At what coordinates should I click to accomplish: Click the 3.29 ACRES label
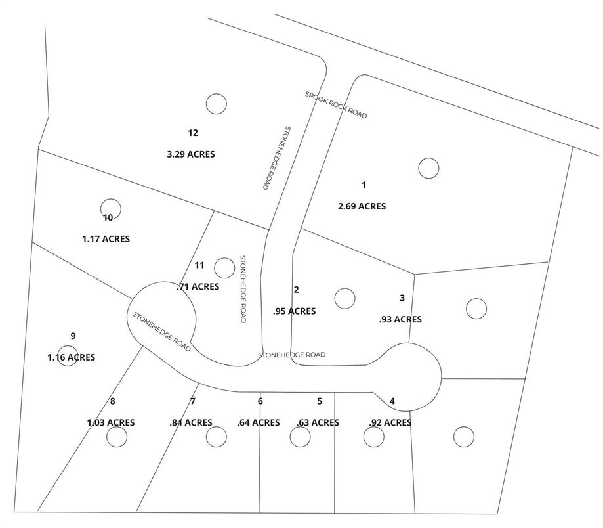point(191,154)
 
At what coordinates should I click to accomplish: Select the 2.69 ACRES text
point(362,206)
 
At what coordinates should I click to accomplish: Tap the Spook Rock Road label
point(335,104)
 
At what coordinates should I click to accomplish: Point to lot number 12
point(193,133)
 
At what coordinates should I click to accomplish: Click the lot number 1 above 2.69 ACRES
point(364,185)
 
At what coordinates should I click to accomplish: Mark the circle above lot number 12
point(216,103)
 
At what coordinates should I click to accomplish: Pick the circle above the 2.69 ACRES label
point(428,168)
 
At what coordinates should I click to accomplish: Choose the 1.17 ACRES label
point(106,239)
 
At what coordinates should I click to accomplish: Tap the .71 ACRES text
point(198,286)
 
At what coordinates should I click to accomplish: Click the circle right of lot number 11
point(224,267)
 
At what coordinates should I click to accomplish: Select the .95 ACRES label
point(294,311)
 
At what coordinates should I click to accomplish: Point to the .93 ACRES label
point(400,319)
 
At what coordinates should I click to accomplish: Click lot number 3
point(402,297)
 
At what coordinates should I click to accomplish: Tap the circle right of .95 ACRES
point(344,298)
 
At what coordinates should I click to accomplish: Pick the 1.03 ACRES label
point(111,422)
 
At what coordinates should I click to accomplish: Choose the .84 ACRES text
point(191,422)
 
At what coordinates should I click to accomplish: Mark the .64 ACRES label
point(259,422)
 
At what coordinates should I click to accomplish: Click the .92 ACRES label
point(390,422)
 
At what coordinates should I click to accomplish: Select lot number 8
point(113,401)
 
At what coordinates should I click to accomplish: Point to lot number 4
point(392,401)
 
